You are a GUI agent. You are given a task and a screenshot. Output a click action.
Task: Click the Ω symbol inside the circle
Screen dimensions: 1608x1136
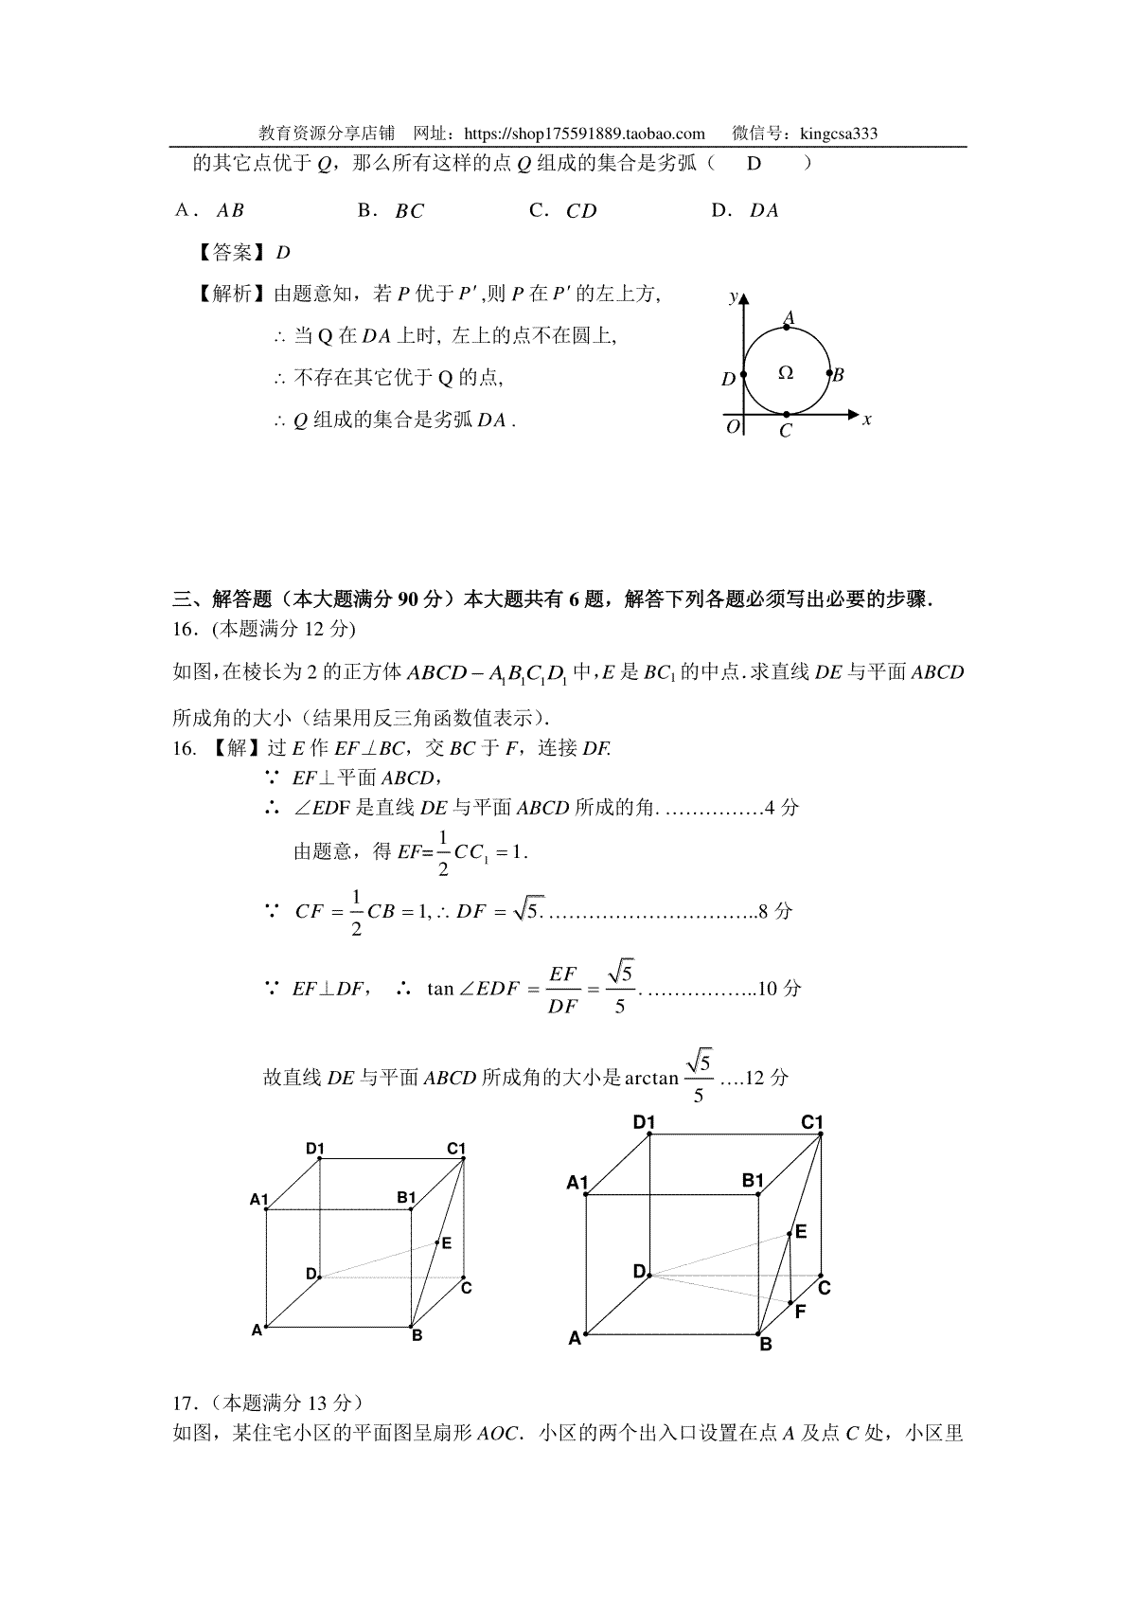coord(785,373)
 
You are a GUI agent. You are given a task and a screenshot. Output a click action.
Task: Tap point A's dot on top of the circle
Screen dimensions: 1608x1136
coord(787,328)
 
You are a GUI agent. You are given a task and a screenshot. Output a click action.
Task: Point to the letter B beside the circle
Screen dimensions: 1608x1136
coord(838,375)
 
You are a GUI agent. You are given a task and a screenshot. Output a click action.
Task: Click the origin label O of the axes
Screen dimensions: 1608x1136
coord(732,427)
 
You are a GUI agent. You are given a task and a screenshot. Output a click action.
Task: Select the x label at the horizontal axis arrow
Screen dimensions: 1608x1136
coord(866,419)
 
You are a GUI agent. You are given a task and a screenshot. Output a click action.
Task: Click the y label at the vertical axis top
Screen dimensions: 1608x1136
coord(733,297)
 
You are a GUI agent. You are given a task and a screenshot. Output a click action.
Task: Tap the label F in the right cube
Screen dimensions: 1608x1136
coord(801,1312)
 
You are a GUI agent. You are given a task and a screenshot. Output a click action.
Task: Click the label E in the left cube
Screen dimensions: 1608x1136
coord(447,1242)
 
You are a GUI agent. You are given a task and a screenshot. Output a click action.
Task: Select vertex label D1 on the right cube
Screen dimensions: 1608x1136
coord(644,1122)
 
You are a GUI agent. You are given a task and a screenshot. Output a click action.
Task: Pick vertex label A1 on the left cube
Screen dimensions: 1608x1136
coord(259,1199)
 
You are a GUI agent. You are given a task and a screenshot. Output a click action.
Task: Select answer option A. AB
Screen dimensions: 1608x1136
coord(210,211)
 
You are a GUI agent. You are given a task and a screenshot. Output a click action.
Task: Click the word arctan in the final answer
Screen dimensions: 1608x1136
coord(651,1078)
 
